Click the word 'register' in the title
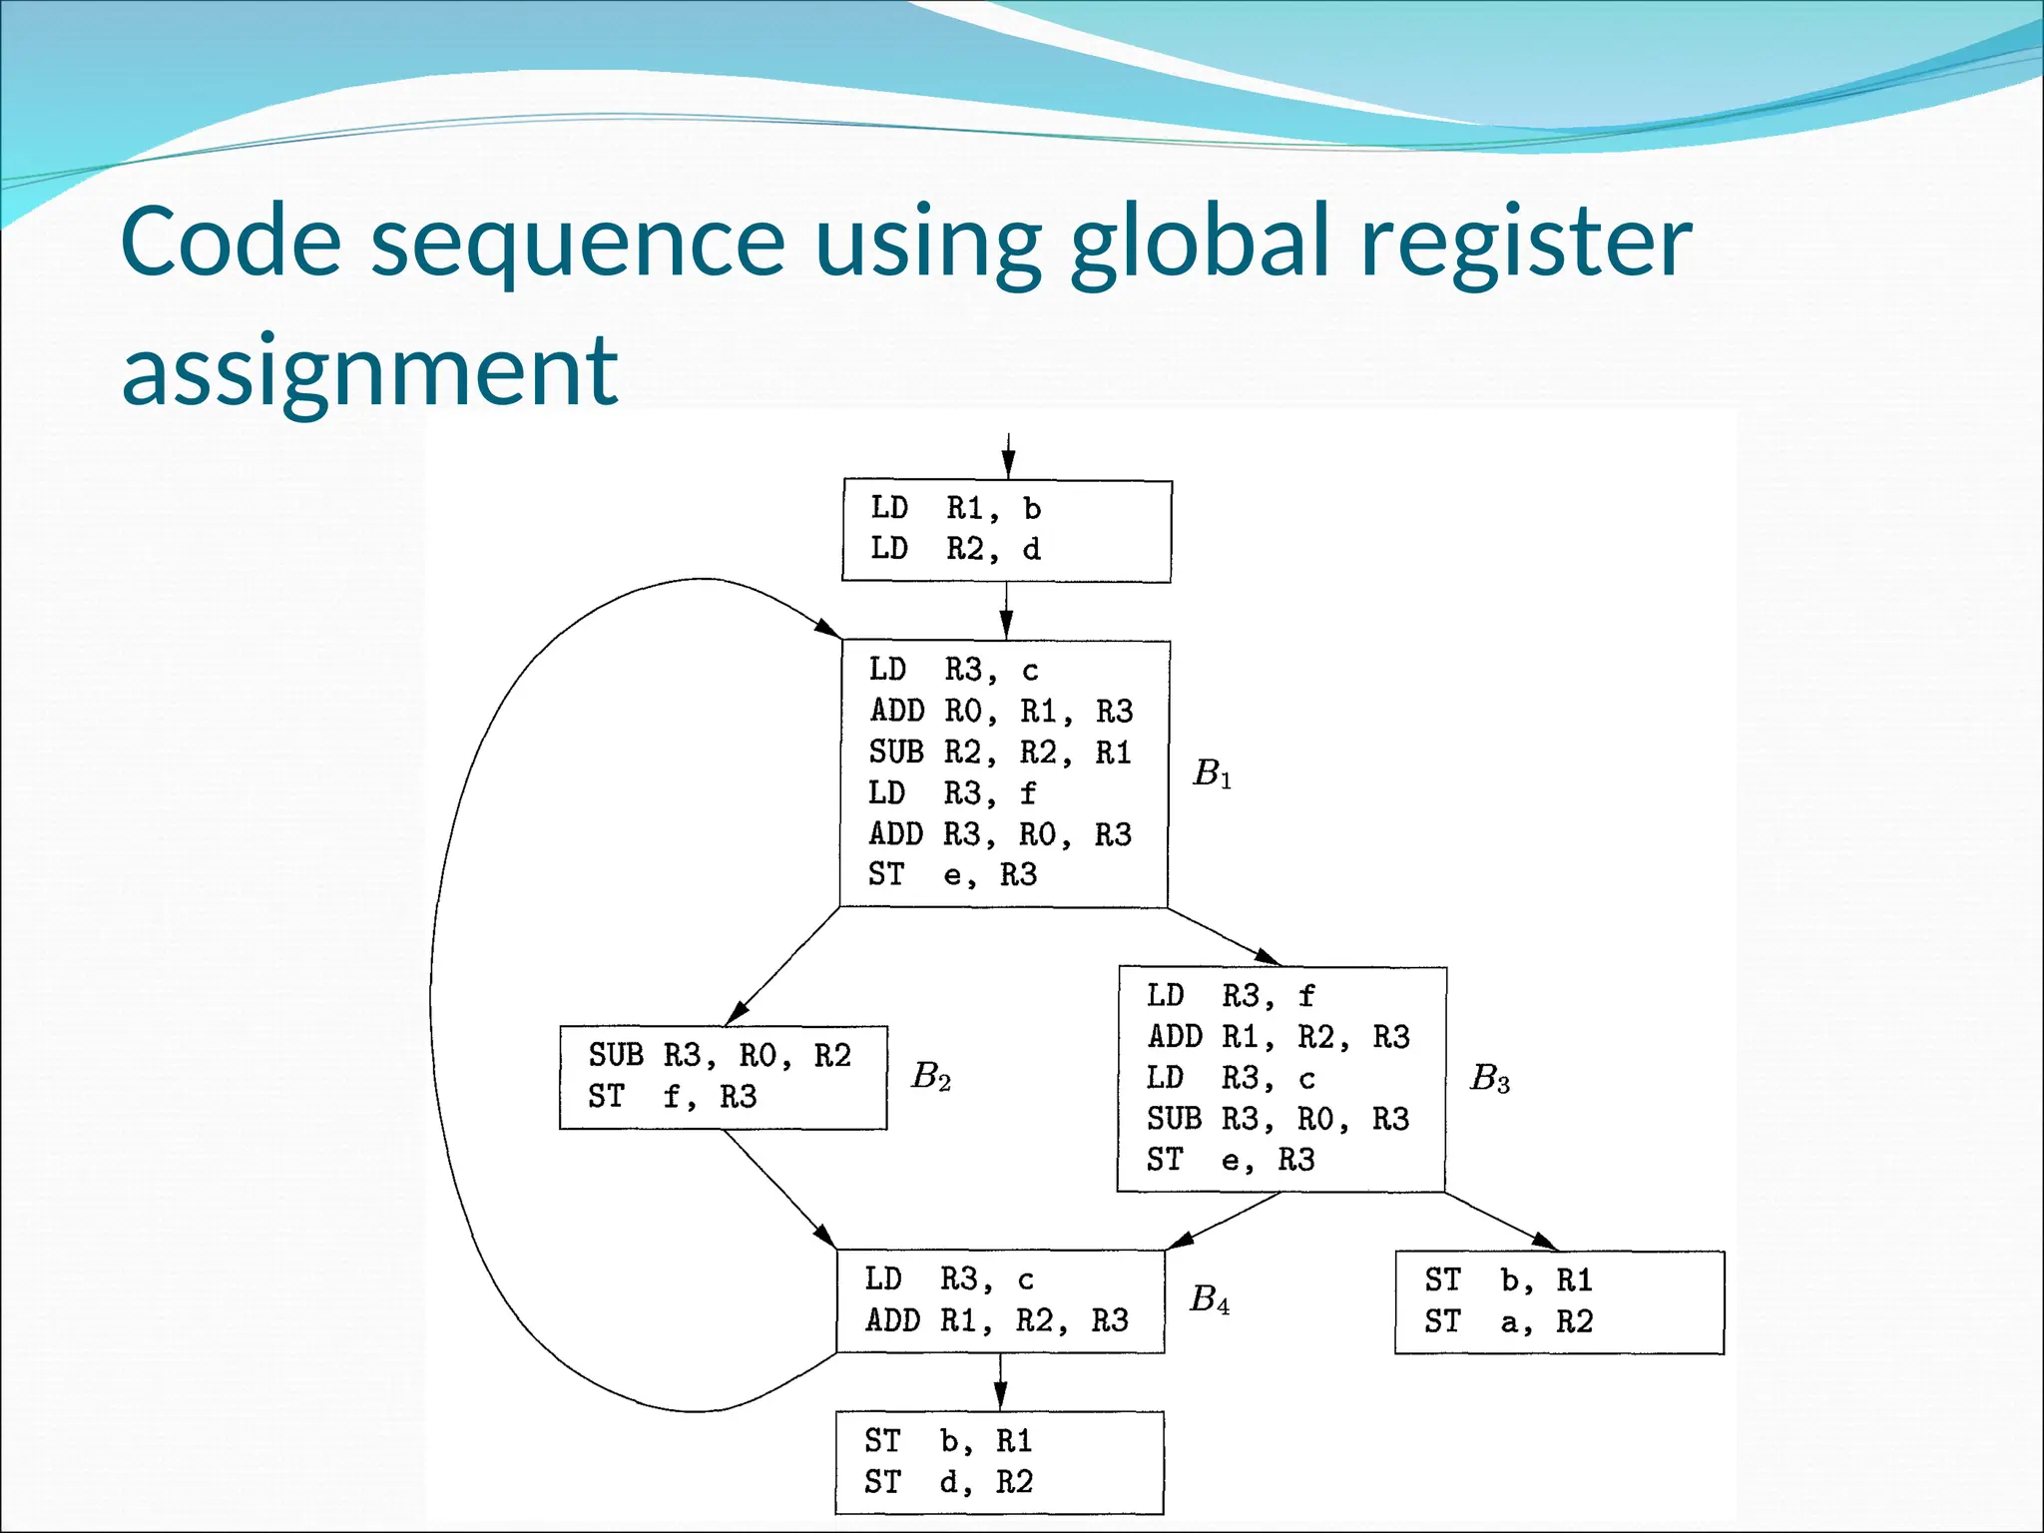tap(1526, 243)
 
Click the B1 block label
tap(1212, 773)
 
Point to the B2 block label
tap(930, 1076)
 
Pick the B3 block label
tap(1489, 1078)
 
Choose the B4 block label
tap(1210, 1299)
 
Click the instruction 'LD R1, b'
tap(955, 509)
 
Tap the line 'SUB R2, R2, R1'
tap(1000, 753)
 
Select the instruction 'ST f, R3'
tap(672, 1097)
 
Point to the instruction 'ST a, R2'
tap(1508, 1322)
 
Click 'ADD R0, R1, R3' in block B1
tap(1001, 712)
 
